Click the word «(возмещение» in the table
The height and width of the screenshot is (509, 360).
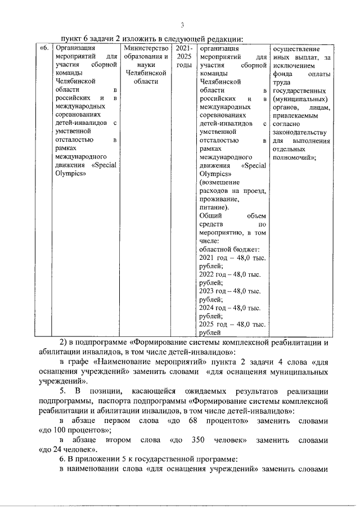pos(220,183)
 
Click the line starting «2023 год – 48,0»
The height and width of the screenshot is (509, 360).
pos(230,291)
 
